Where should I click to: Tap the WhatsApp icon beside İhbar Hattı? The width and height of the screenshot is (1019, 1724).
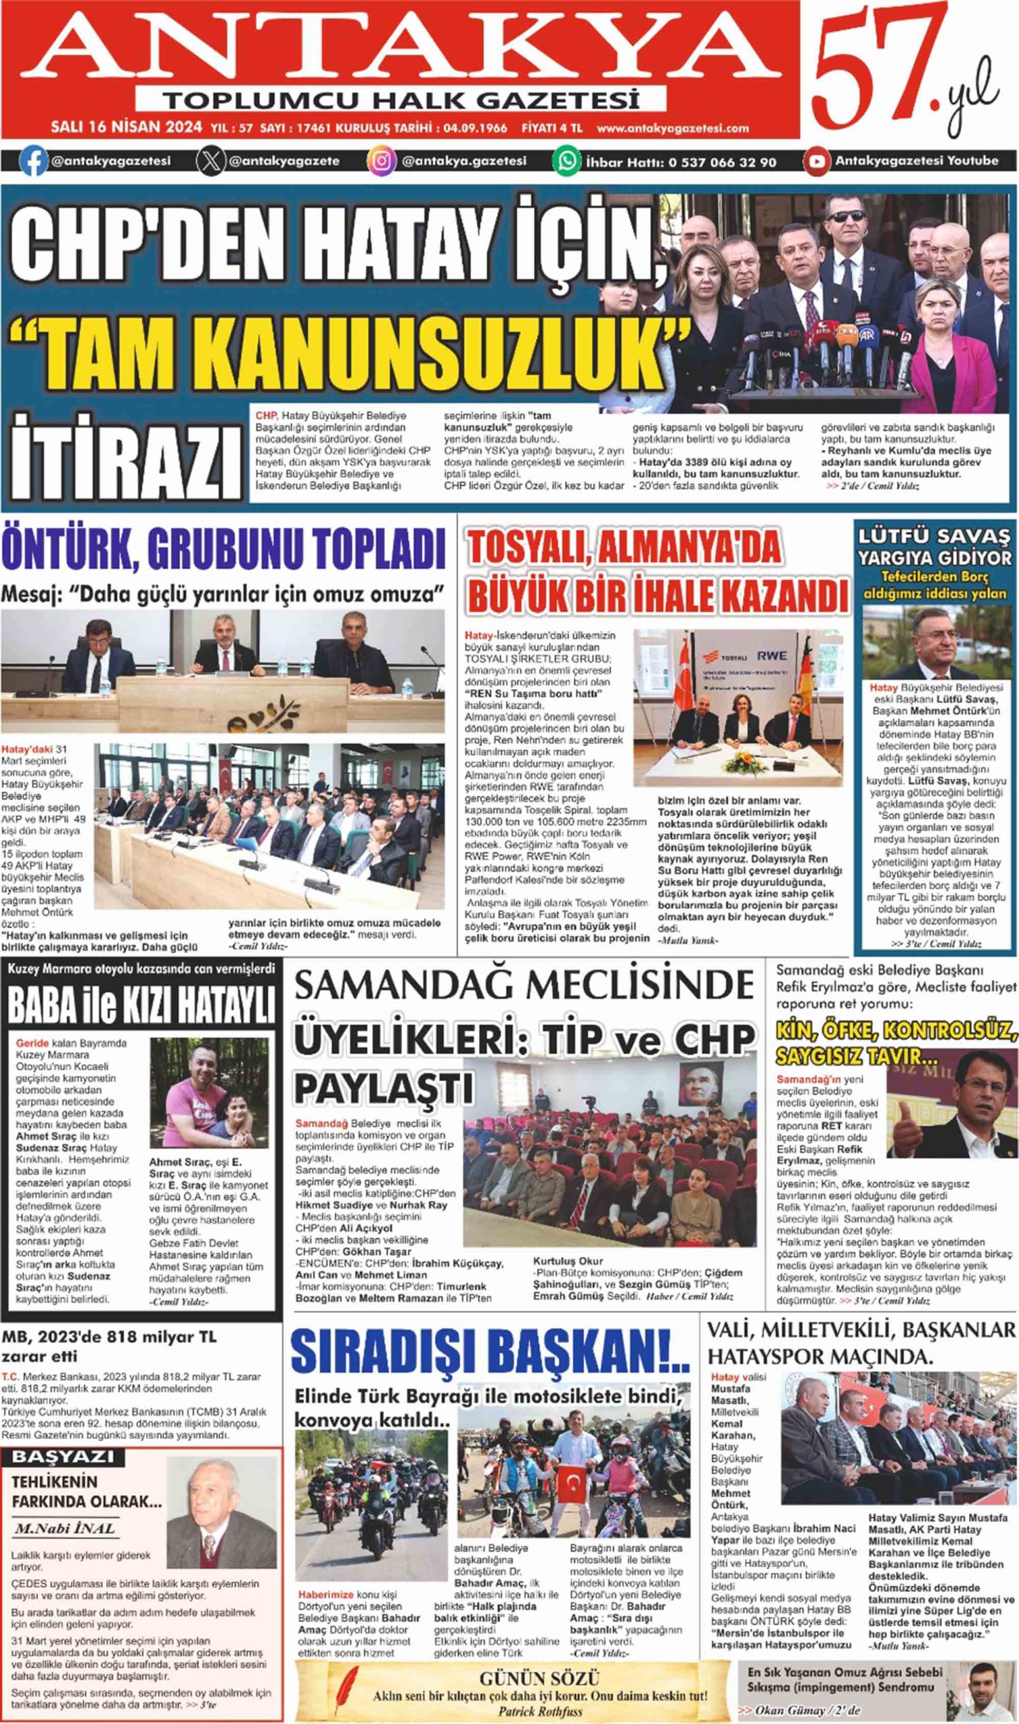tap(567, 162)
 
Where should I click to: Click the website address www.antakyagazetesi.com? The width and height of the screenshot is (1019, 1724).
tap(673, 129)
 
